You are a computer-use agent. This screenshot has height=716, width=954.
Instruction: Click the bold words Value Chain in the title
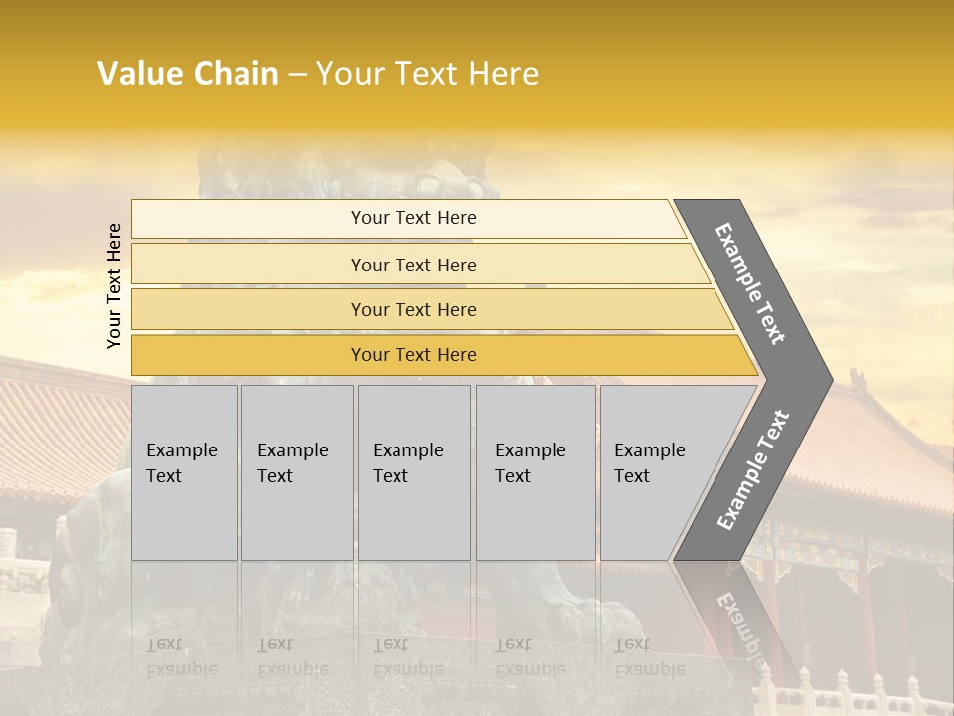pos(188,74)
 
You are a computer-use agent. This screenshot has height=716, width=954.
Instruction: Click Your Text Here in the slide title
pos(427,74)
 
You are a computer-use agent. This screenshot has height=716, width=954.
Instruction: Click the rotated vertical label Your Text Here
pos(114,285)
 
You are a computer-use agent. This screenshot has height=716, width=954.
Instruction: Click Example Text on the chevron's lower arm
pos(752,470)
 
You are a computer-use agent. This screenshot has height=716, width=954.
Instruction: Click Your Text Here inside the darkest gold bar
pos(413,355)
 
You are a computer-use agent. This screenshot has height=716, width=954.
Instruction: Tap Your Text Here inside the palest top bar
pos(413,218)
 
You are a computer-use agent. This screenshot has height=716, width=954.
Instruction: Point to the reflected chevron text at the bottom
pos(739,623)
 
